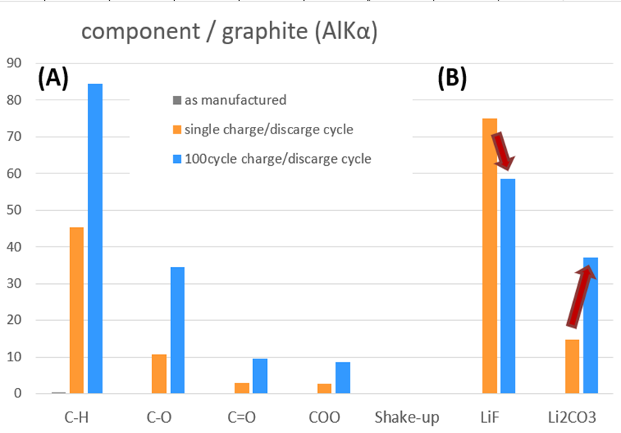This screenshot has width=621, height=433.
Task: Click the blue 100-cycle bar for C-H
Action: coord(95,238)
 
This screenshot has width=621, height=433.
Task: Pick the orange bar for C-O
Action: coord(159,374)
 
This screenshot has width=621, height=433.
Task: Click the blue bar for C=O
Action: coord(260,376)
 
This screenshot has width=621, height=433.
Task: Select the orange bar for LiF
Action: coord(490,256)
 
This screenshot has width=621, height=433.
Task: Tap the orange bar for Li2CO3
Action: coord(572,366)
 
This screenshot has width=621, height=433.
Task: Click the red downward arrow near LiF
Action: coord(504,150)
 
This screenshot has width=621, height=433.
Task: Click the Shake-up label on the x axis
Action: coord(407,418)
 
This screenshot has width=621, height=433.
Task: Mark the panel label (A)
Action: coord(53,77)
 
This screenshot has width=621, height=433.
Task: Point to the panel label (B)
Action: coord(452,77)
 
